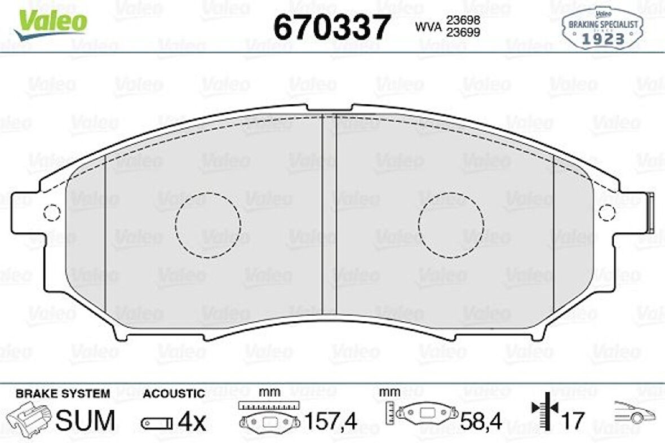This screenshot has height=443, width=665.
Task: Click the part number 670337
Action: pos(332,26)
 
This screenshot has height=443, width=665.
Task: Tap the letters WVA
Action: pos(428,26)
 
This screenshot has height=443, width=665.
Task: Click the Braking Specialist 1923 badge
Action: pos(602,29)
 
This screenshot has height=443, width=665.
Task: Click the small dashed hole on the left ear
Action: pos(52,213)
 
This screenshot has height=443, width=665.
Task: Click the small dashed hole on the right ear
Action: pos(607,213)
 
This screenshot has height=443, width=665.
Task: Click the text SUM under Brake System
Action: pos(85,420)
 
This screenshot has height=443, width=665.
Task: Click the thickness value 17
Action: pos(573,420)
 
